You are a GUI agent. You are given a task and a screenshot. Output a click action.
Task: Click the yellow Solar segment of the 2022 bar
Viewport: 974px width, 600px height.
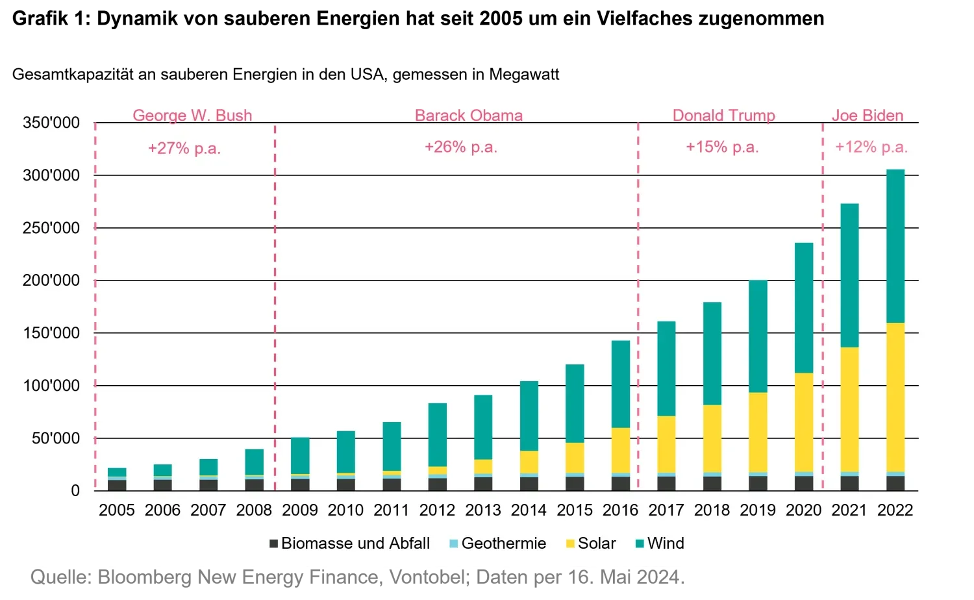pyautogui.click(x=895, y=397)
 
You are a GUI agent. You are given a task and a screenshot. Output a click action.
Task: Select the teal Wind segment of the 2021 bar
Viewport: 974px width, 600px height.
pyautogui.click(x=849, y=275)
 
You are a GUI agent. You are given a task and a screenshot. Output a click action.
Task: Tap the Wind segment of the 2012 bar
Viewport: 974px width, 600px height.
pyautogui.click(x=437, y=434)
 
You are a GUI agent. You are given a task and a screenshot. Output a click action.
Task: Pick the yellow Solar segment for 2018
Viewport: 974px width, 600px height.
pyautogui.click(x=712, y=439)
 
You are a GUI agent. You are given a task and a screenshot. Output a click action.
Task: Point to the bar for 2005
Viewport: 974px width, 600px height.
pyautogui.click(x=117, y=479)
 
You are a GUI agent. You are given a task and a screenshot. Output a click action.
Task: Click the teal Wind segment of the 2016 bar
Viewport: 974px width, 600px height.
pyautogui.click(x=620, y=384)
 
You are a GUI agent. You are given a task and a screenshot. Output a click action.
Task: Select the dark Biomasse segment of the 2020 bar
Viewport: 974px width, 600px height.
pyautogui.click(x=804, y=484)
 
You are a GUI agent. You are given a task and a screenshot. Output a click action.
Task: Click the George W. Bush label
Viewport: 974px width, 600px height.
pyautogui.click(x=192, y=116)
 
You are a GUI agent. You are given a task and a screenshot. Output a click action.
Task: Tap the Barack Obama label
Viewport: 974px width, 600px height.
pyautogui.click(x=469, y=116)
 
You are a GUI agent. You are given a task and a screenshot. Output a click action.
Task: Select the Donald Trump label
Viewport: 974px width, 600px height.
pyautogui.click(x=723, y=116)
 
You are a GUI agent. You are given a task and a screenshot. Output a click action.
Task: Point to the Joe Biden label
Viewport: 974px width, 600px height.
pyautogui.click(x=868, y=116)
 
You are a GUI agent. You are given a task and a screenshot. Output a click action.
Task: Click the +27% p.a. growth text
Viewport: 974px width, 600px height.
pyautogui.click(x=184, y=148)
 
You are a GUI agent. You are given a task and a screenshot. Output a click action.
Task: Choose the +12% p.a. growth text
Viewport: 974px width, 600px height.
pyautogui.click(x=871, y=147)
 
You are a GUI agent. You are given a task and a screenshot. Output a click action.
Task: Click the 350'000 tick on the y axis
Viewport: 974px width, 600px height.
pyautogui.click(x=51, y=123)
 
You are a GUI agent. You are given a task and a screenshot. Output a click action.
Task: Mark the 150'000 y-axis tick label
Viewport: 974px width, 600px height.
pyautogui.click(x=51, y=333)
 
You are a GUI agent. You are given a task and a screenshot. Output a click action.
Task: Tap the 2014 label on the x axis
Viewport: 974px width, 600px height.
pyautogui.click(x=529, y=510)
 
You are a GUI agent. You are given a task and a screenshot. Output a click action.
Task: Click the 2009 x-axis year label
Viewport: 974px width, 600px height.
pyautogui.click(x=299, y=510)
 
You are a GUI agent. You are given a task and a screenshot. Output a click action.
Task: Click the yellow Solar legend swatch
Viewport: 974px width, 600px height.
pyautogui.click(x=570, y=544)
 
